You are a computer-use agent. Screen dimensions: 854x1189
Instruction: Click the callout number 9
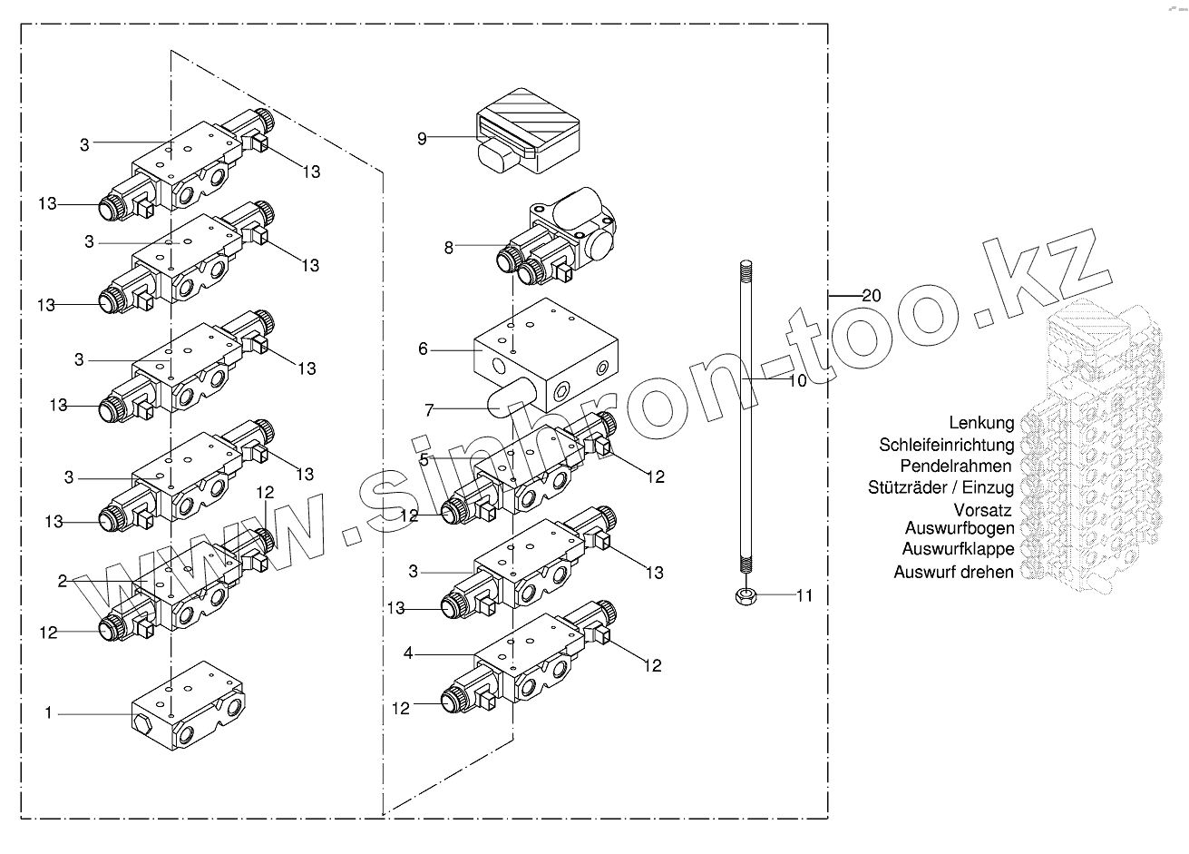tap(422, 139)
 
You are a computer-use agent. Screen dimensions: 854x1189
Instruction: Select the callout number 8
tap(448, 246)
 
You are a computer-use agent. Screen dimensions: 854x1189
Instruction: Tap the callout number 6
tap(423, 349)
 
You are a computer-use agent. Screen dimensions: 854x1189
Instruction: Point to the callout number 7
tap(429, 410)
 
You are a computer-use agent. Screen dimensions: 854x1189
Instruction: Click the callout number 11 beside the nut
tap(804, 596)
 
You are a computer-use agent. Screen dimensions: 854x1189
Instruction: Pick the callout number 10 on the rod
tap(796, 381)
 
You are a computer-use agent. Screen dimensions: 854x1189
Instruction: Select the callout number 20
tap(871, 295)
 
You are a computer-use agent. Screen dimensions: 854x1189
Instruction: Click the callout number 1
tap(49, 713)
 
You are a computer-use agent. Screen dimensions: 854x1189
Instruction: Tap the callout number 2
tap(63, 581)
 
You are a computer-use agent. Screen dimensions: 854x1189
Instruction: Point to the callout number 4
tap(409, 653)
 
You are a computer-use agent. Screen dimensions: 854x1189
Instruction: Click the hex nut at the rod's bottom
tap(744, 596)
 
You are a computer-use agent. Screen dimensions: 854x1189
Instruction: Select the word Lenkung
tap(981, 423)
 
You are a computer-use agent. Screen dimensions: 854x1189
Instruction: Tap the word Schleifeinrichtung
tap(945, 445)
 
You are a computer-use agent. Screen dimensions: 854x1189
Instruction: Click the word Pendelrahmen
tap(955, 466)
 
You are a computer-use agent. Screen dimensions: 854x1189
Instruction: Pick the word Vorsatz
tap(982, 511)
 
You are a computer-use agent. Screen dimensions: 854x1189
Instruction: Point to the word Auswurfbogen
tap(960, 528)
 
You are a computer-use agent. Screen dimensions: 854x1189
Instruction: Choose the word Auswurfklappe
tap(958, 549)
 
